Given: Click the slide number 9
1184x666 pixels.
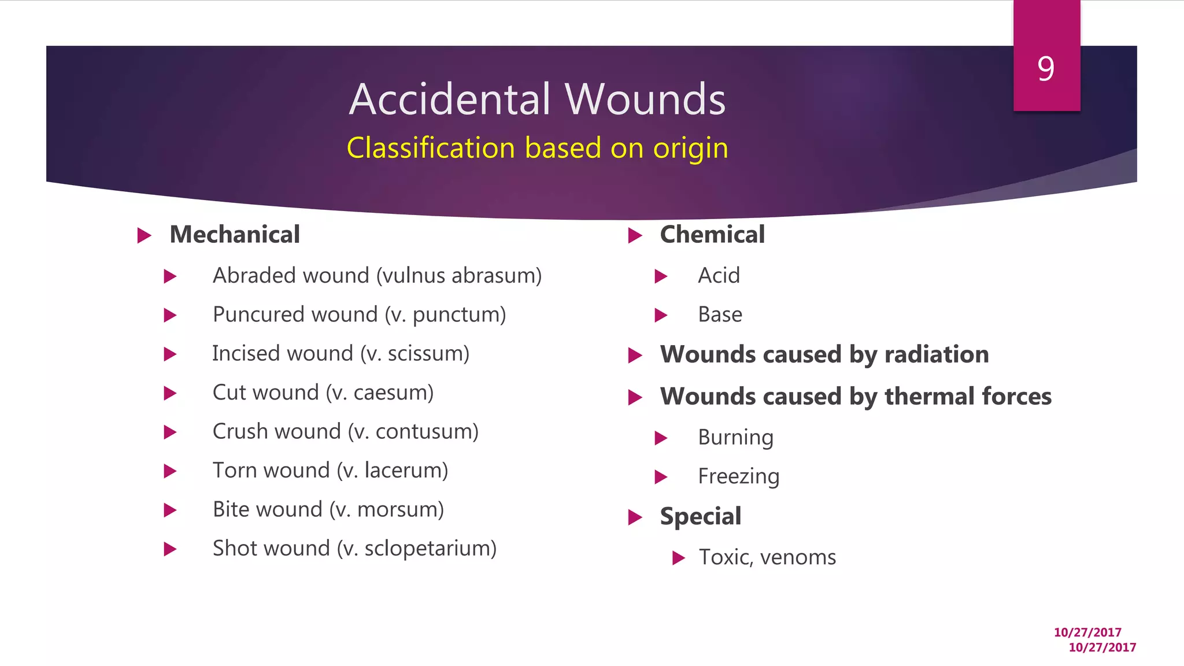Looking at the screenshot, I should (x=1046, y=69).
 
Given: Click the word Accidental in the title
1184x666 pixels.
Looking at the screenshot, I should (x=450, y=99).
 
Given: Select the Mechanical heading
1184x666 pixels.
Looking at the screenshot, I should (x=235, y=235).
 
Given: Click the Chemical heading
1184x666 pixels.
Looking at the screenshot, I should (x=712, y=235).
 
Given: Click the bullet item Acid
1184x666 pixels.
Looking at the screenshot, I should (x=719, y=276).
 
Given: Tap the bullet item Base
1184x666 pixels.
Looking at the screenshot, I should (x=720, y=314).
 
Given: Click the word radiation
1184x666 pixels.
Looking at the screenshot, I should (x=937, y=354).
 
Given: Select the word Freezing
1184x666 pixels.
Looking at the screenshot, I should (x=738, y=476).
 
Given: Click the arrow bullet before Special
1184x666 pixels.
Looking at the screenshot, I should (x=635, y=517).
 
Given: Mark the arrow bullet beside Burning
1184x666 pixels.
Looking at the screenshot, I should (x=661, y=438).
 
